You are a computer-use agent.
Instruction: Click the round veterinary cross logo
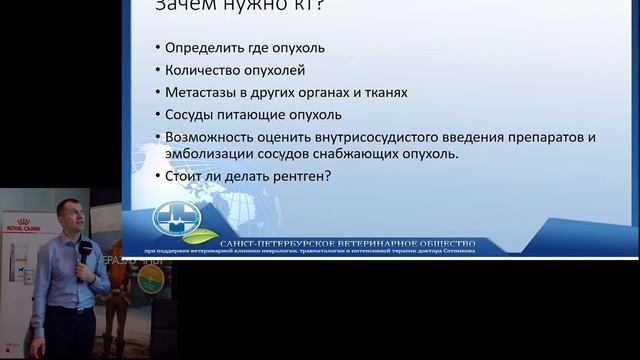171,218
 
